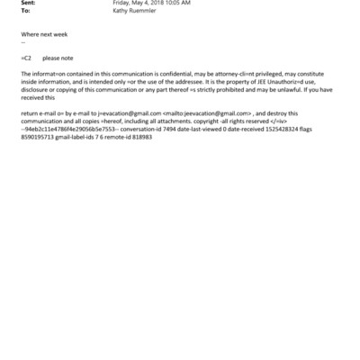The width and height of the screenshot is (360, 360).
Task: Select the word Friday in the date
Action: [x=121, y=3]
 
